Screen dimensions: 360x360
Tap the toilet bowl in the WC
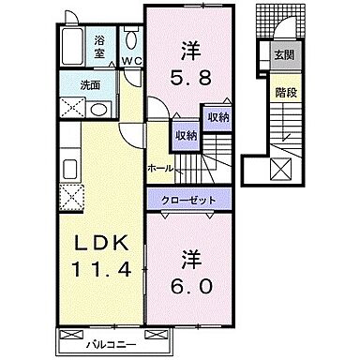(132, 43)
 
